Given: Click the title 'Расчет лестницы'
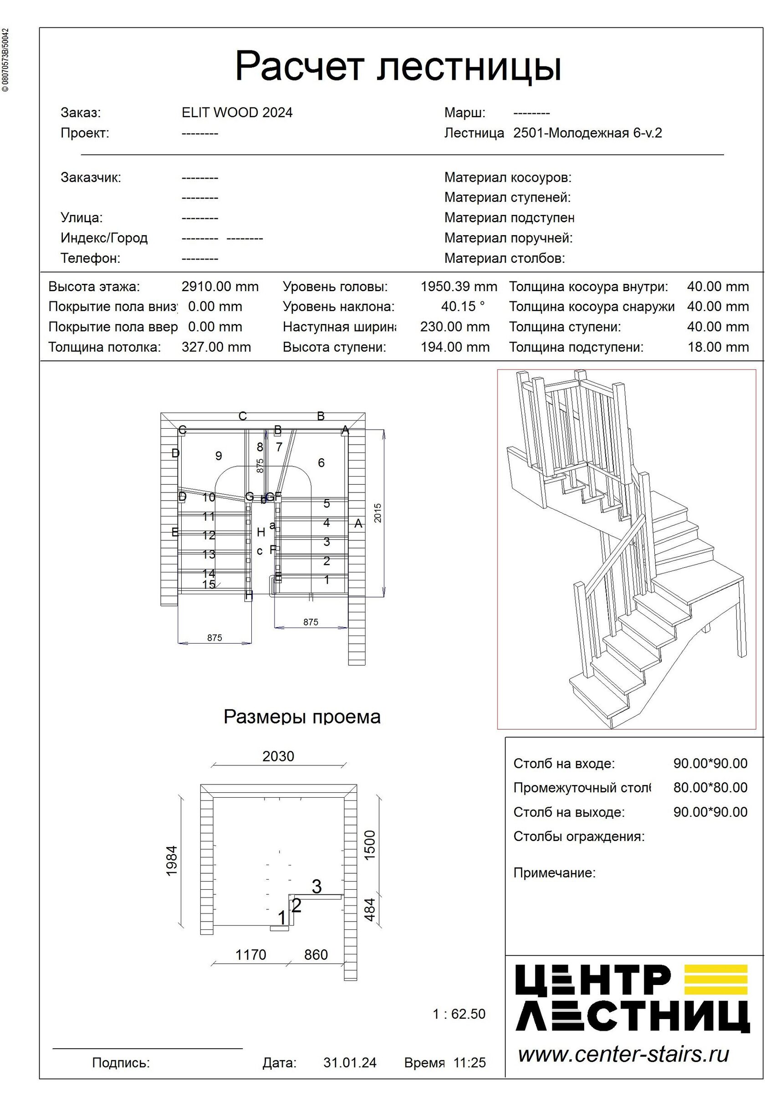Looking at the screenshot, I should click(398, 66).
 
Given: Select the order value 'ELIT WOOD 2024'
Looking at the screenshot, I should click(237, 113).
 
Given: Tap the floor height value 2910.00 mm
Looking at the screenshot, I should click(220, 287).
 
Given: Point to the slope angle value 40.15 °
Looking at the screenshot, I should click(463, 307).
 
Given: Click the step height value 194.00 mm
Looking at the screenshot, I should click(455, 347).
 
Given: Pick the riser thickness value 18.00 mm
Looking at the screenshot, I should click(717, 347).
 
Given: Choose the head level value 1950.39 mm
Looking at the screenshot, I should click(459, 287).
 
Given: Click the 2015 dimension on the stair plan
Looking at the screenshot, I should click(378, 513).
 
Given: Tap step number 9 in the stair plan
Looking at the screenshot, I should click(219, 456).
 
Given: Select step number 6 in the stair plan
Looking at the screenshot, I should click(321, 463).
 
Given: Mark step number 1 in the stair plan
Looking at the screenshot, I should click(327, 580).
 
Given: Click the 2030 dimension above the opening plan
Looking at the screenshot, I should click(278, 756).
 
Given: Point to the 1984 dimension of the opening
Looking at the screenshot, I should click(172, 861).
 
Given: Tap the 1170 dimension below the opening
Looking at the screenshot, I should click(250, 954).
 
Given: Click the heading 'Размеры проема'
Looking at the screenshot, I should click(302, 717).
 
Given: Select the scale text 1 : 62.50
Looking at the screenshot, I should click(459, 1014).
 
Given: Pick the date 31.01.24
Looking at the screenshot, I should click(350, 1062).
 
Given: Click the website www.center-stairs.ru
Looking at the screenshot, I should click(623, 1055).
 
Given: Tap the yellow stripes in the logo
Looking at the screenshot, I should click(715, 980).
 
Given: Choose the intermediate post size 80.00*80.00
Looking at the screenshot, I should click(710, 788).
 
